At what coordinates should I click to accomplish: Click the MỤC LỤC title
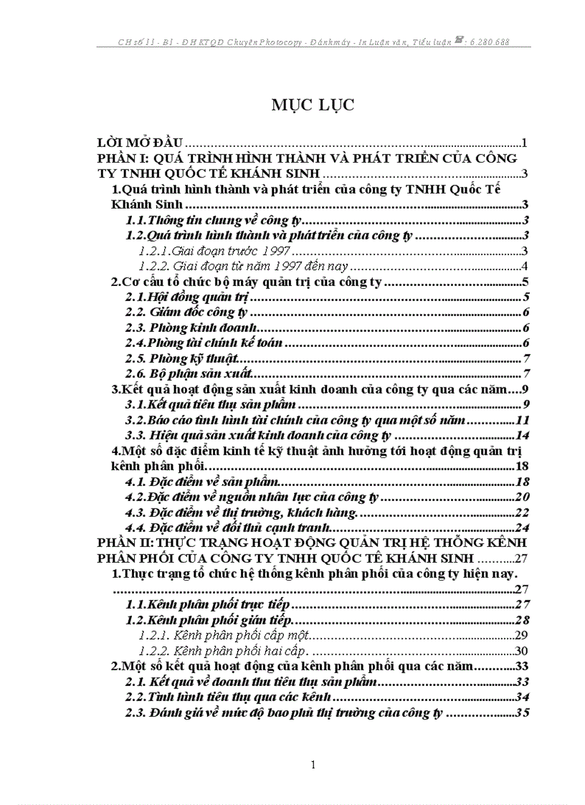pos(313,105)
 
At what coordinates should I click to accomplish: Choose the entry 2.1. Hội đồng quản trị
pos(186,297)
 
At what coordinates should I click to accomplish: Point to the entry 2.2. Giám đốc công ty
pos(186,312)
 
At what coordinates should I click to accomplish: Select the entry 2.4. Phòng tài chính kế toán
pos(204,343)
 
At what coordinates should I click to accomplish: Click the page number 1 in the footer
pos(313,765)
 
